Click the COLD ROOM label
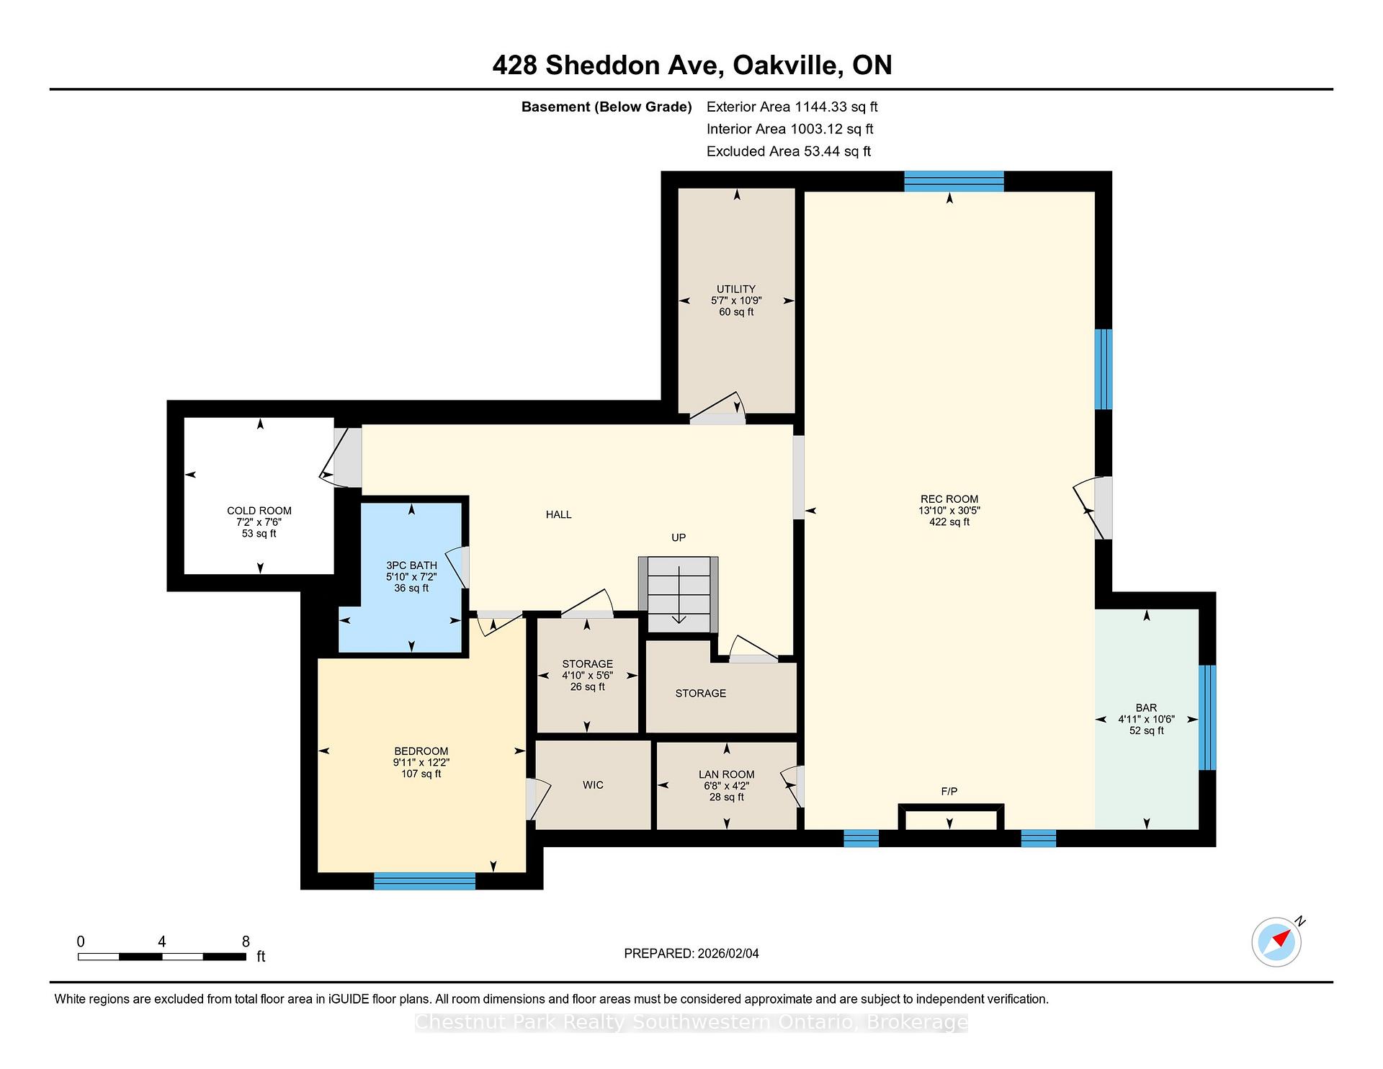[259, 511]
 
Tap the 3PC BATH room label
[411, 565]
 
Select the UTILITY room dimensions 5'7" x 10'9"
[736, 300]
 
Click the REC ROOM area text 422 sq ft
[949, 522]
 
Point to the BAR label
[1146, 708]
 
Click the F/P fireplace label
[949, 792]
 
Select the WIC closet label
[593, 785]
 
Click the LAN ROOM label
[726, 775]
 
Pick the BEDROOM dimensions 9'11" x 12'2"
[421, 763]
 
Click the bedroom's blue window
[424, 880]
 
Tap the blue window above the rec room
[954, 181]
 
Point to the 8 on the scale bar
[246, 942]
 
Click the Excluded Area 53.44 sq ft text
[788, 151]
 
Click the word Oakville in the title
[786, 66]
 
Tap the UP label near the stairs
[679, 537]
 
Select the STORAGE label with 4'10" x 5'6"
[587, 664]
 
